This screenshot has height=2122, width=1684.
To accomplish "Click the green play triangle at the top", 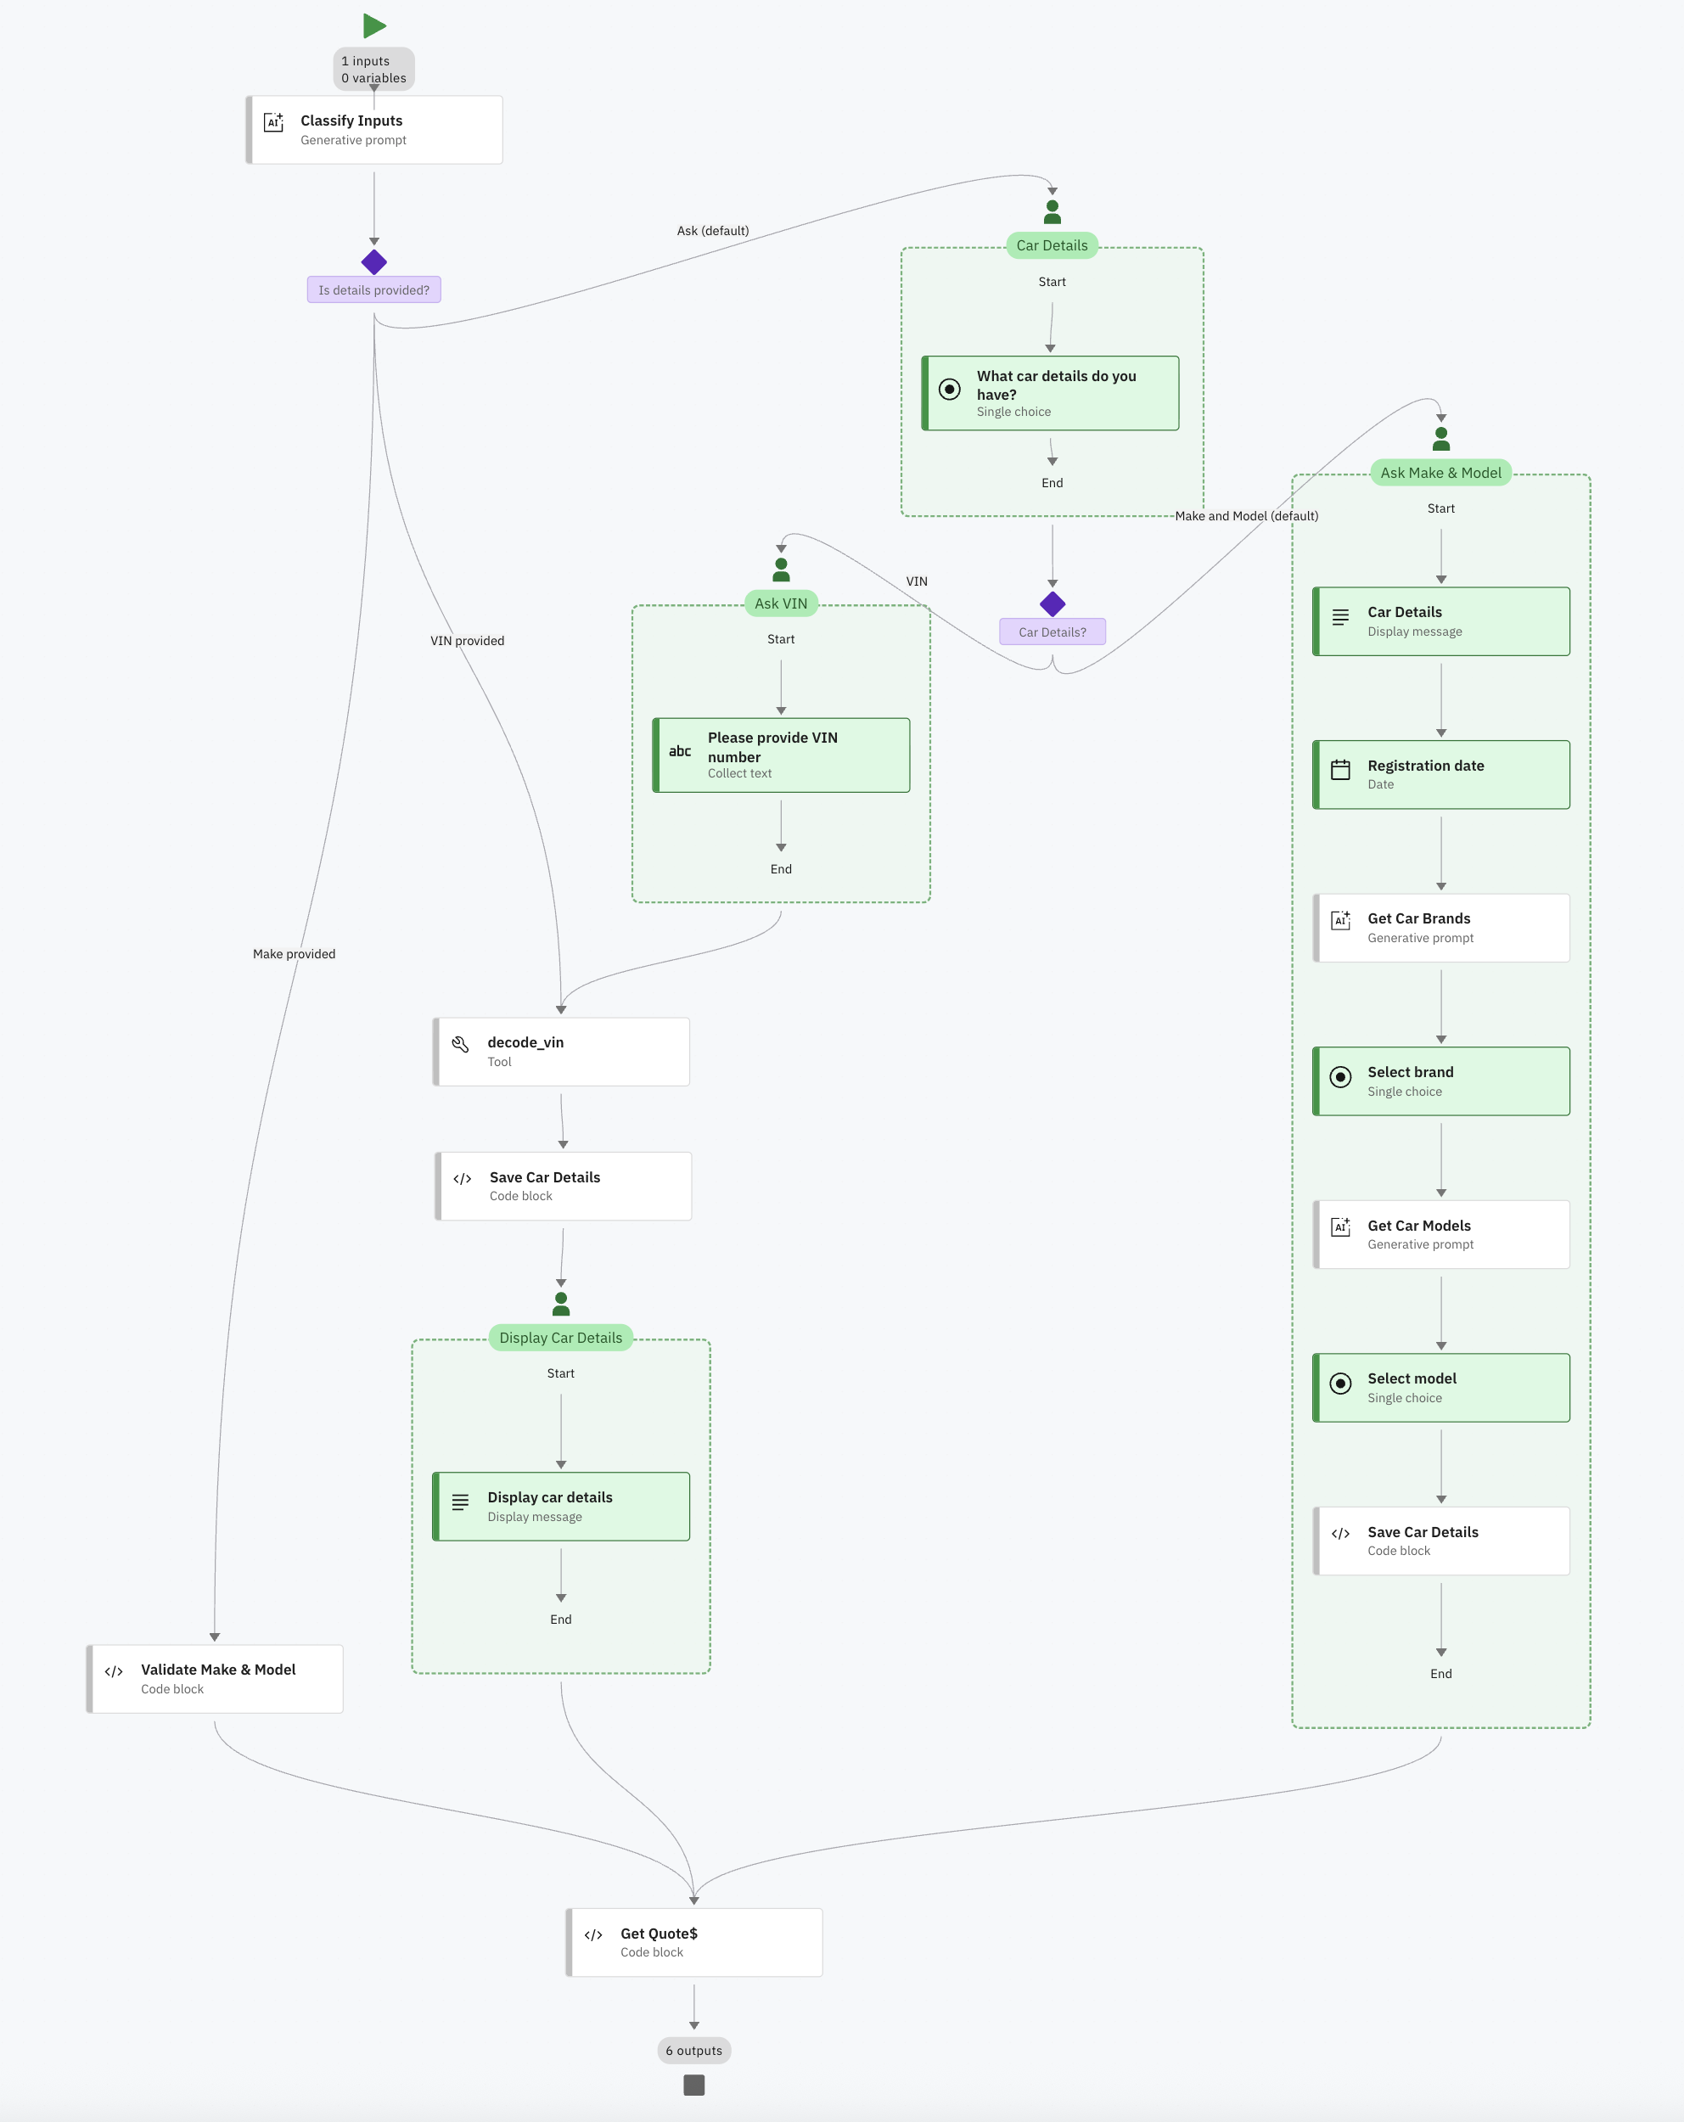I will (x=374, y=25).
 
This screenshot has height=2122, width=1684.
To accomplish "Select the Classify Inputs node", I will (x=374, y=130).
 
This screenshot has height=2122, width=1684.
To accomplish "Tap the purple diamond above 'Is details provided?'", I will (x=374, y=261).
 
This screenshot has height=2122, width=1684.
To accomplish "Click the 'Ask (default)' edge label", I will (x=713, y=231).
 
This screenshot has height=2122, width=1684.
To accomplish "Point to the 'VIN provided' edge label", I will (x=468, y=641).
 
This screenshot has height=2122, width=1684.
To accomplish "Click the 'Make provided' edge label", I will (x=295, y=954).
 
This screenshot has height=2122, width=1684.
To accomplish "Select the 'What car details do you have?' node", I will (x=1050, y=393).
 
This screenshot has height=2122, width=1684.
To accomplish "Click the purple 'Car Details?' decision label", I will (x=1052, y=632).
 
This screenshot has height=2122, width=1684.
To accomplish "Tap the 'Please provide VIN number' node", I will (x=782, y=755).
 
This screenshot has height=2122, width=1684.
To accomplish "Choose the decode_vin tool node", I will (x=561, y=1051).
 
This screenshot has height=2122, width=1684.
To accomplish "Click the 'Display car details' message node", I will (x=561, y=1506).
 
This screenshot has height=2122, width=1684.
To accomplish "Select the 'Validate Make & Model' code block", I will (x=215, y=1678).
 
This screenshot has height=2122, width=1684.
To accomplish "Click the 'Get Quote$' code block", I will (x=693, y=1942).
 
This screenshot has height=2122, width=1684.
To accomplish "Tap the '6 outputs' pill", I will (x=693, y=2050).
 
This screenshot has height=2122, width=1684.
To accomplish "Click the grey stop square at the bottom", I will (x=693, y=2085).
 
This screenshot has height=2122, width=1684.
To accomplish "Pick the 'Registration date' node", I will (x=1441, y=775).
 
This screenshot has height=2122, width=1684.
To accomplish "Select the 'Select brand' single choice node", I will (x=1441, y=1081).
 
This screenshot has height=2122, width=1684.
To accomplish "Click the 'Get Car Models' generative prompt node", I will (x=1441, y=1234).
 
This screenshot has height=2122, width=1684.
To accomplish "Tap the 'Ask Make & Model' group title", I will (x=1441, y=473).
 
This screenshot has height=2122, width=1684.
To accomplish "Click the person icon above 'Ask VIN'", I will (x=782, y=570).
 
